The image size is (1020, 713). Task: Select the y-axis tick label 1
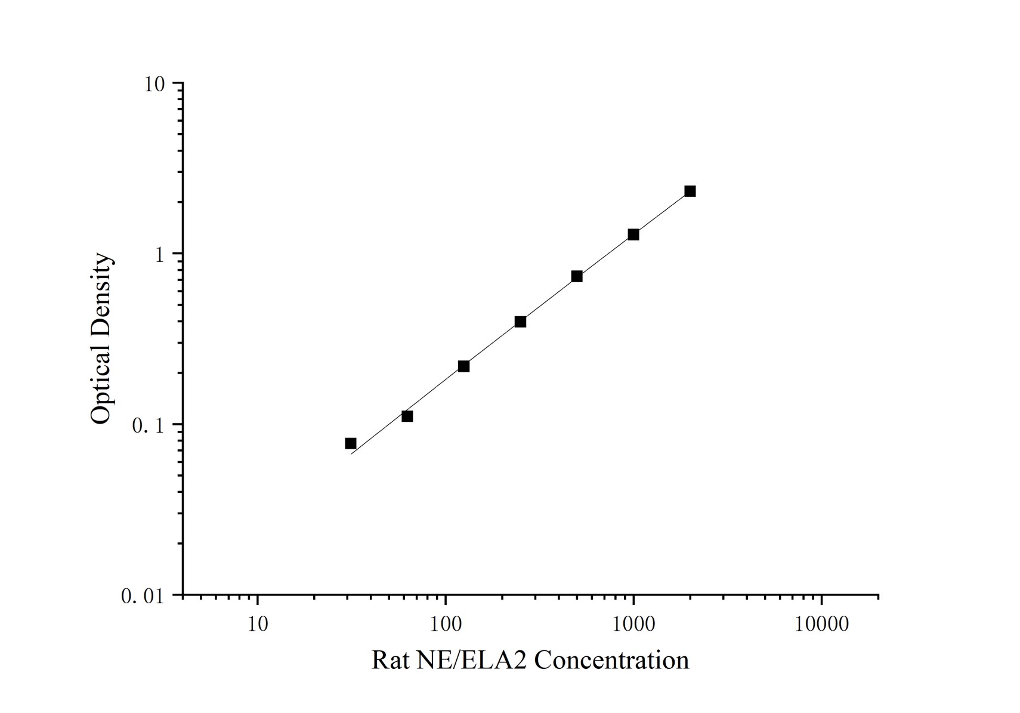(159, 255)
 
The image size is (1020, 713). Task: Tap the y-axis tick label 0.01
(142, 596)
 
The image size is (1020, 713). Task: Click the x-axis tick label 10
(258, 624)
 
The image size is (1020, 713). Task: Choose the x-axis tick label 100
(446, 624)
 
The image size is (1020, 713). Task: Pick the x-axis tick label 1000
(633, 624)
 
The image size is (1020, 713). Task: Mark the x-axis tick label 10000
(821, 624)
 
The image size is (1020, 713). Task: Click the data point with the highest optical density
(690, 191)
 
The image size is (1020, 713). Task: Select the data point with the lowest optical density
(351, 443)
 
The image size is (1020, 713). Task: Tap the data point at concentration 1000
(633, 234)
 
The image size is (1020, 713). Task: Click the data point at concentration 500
(577, 276)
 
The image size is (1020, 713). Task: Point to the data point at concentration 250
(520, 322)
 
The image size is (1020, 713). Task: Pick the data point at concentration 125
(463, 366)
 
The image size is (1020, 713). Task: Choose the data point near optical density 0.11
(407, 416)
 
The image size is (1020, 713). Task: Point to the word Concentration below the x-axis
(612, 660)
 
